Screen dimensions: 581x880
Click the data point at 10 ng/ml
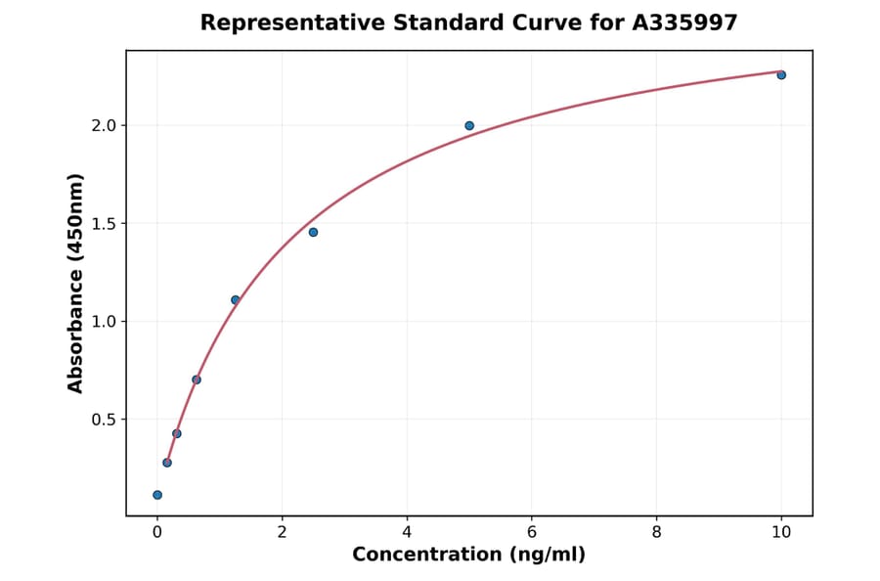click(781, 75)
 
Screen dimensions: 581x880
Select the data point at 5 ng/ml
click(469, 126)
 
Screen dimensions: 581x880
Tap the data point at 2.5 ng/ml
click(313, 233)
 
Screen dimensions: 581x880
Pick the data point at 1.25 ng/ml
click(236, 300)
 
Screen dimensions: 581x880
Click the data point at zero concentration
click(157, 495)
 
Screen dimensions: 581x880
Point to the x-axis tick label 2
click(282, 532)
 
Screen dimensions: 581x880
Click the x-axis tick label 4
click(407, 532)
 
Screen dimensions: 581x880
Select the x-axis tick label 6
click(532, 532)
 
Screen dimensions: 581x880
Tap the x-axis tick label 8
click(656, 532)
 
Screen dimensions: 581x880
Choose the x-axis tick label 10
click(781, 532)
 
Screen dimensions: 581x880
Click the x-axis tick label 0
click(157, 532)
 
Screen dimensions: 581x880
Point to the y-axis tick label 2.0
click(105, 126)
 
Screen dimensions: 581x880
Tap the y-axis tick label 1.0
click(105, 322)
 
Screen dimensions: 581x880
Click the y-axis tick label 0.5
click(105, 420)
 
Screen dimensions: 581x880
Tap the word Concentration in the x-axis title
click(428, 555)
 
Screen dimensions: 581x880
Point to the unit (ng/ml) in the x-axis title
click(547, 555)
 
